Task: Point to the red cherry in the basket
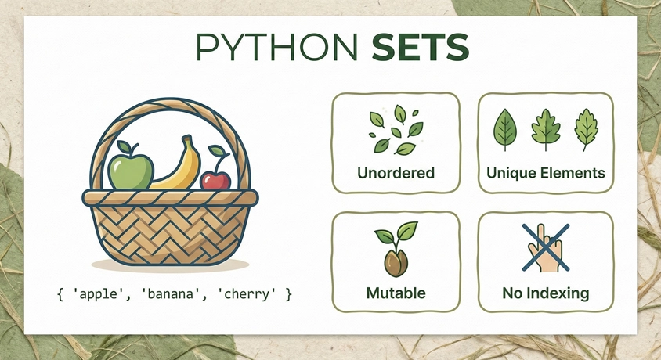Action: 215,179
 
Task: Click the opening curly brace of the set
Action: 60,294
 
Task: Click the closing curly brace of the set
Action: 288,294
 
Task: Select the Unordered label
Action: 396,172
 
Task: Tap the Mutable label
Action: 396,293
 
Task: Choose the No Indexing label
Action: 546,293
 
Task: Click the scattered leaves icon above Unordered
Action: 396,129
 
